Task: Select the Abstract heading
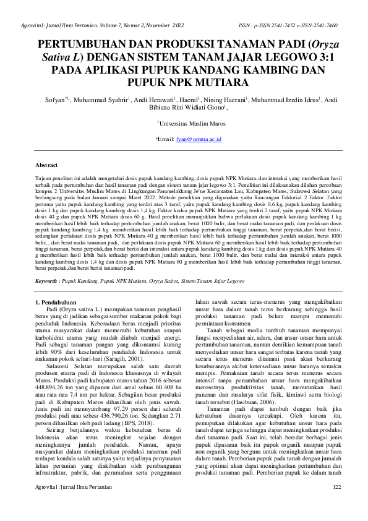pyautogui.click(x=48, y=166)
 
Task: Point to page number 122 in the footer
pyautogui.click(x=336, y=506)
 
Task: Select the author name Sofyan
pyautogui.click(x=56, y=99)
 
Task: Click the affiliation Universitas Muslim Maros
pyautogui.click(x=185, y=124)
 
